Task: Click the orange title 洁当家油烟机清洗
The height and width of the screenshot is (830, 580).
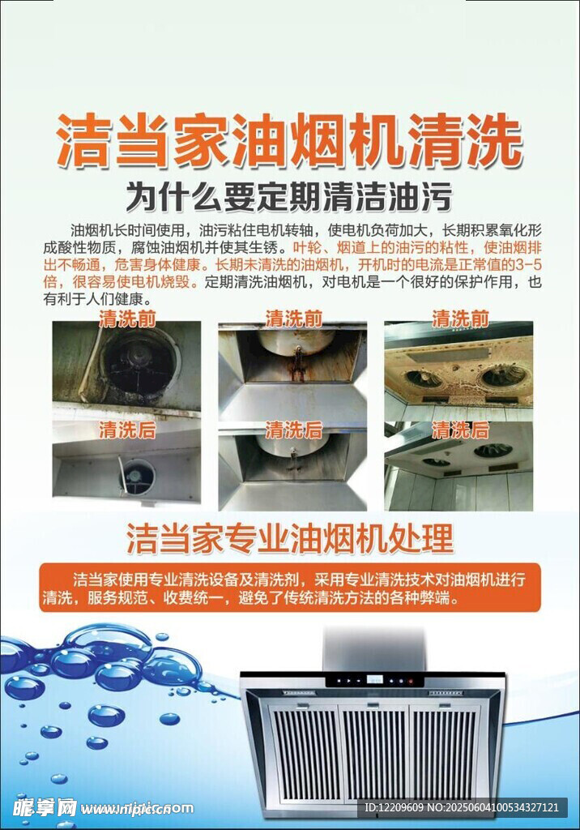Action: click(x=290, y=141)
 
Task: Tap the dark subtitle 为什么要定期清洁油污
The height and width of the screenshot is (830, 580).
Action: click(x=289, y=197)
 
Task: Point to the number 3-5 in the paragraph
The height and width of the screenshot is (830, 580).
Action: click(x=528, y=265)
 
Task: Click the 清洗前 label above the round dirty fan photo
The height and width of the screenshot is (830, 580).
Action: click(x=127, y=319)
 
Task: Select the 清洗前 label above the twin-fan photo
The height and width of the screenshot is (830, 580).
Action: click(x=460, y=319)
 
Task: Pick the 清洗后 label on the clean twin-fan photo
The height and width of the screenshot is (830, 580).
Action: click(x=460, y=430)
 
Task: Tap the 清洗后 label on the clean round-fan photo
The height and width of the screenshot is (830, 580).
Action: click(x=127, y=430)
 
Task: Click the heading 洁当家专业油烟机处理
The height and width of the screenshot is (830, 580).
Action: click(x=290, y=539)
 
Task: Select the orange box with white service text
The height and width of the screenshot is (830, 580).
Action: click(x=290, y=588)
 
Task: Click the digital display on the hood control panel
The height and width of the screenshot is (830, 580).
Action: click(x=375, y=680)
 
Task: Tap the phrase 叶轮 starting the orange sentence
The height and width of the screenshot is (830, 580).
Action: click(x=305, y=248)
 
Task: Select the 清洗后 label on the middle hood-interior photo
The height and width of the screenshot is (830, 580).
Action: click(x=294, y=430)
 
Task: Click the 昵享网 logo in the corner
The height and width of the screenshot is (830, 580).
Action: click(x=45, y=808)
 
